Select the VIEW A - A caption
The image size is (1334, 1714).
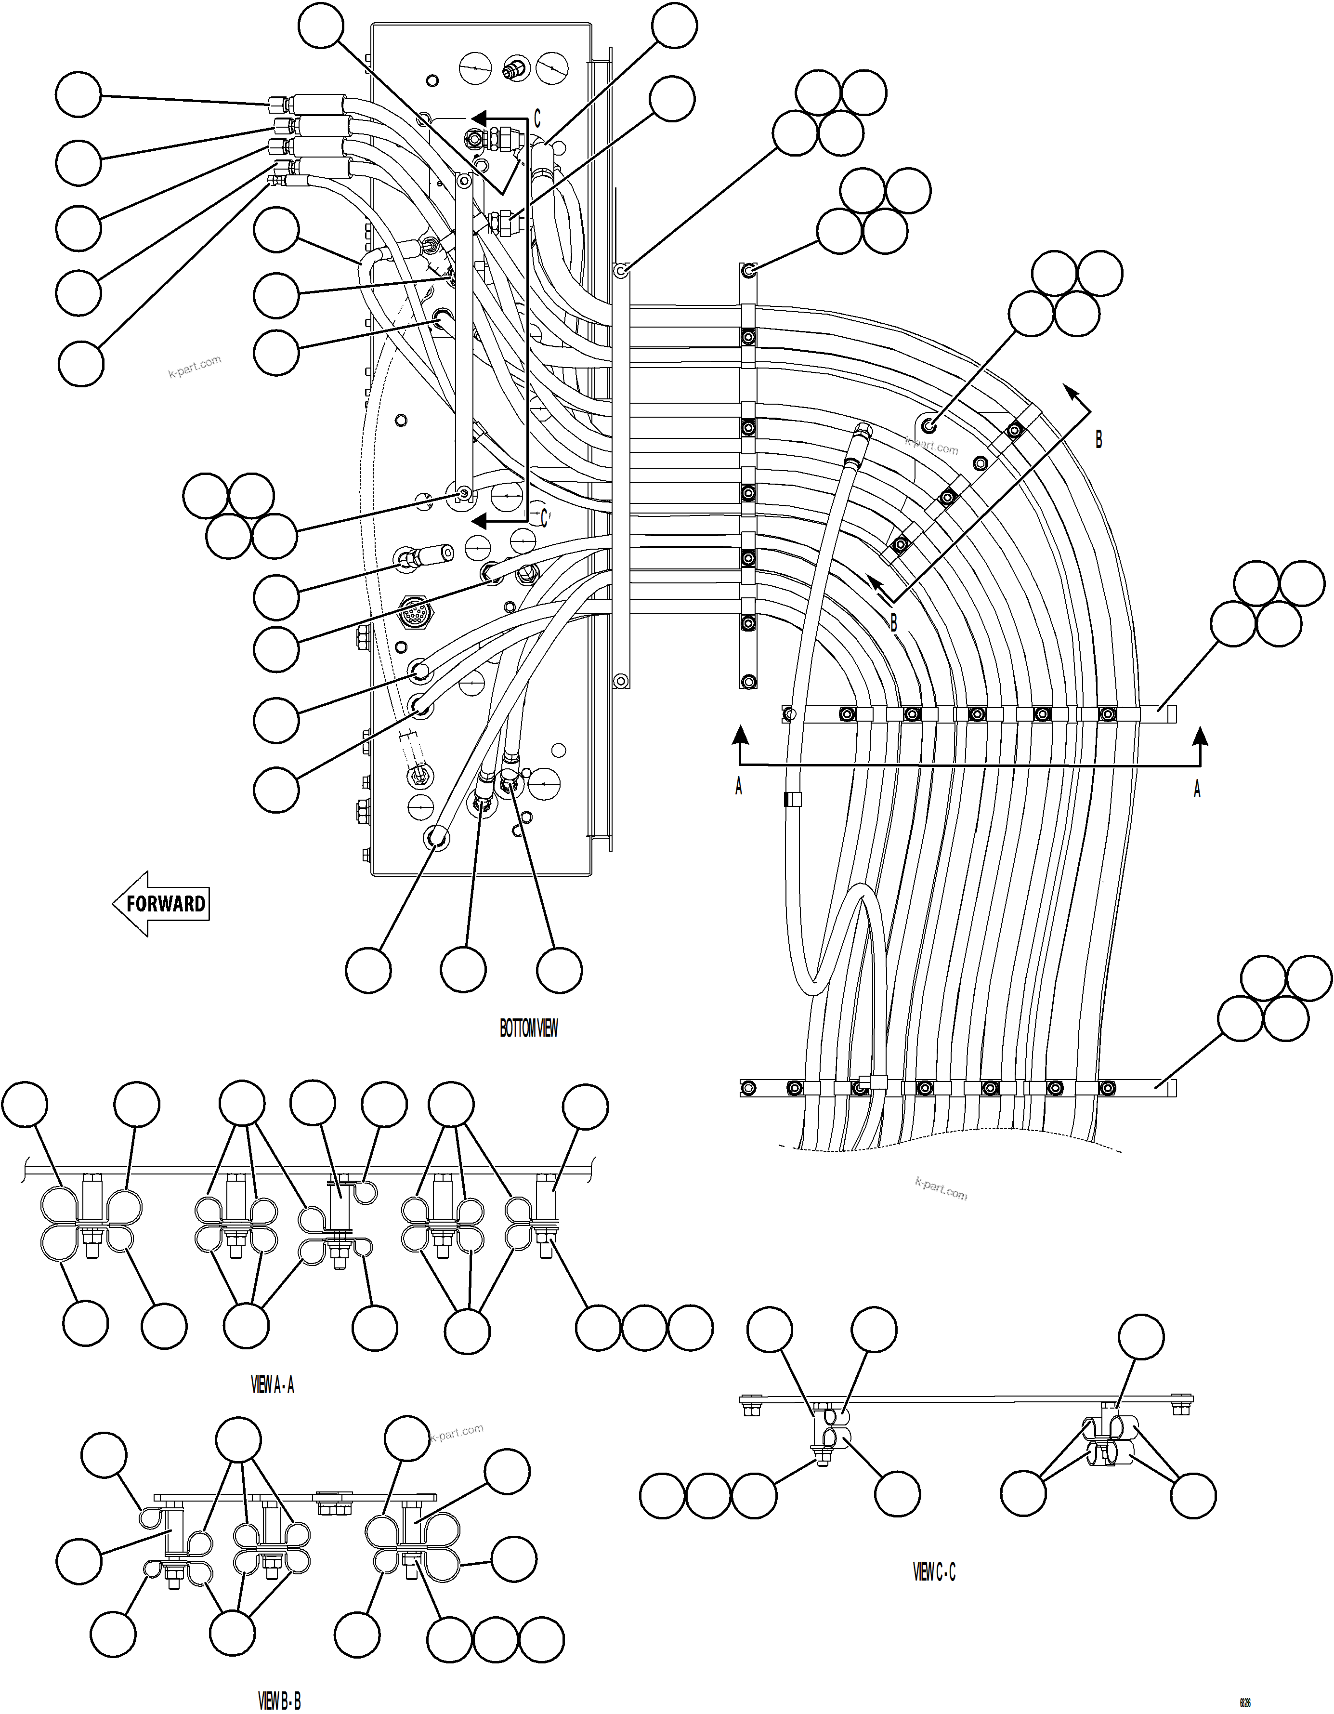coord(272,1385)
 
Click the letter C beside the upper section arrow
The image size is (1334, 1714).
coord(537,119)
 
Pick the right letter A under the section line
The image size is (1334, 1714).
coord(1197,789)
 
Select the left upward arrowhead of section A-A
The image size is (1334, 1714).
coord(738,735)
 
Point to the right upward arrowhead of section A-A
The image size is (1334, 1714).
coord(1198,735)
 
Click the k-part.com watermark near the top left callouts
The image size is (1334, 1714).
coord(195,367)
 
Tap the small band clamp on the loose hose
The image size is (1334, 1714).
coord(792,800)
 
